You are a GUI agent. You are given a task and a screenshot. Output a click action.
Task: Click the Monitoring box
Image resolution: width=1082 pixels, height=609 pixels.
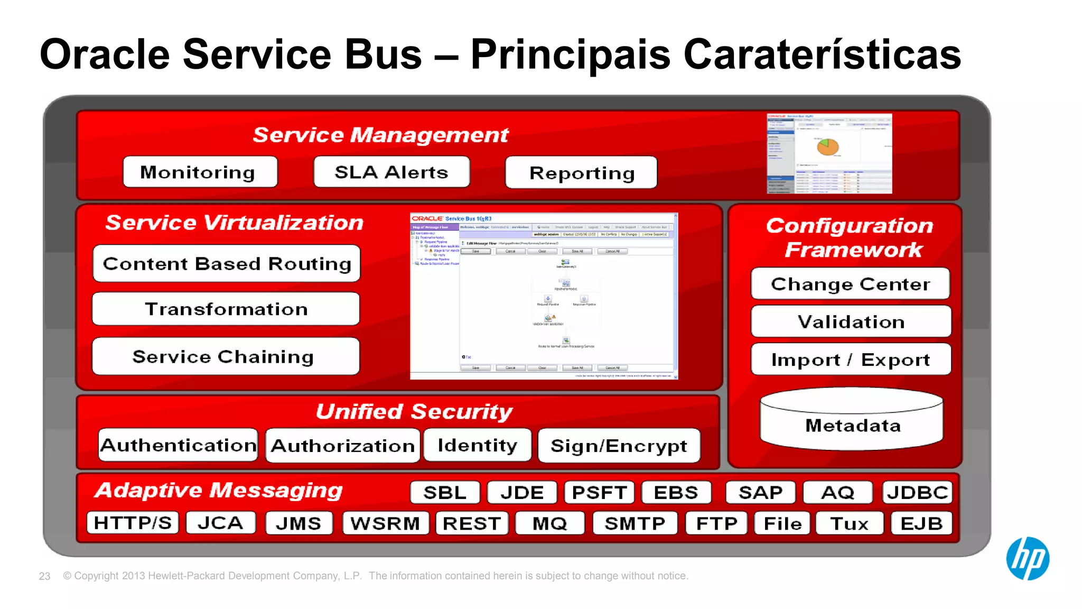[200, 172]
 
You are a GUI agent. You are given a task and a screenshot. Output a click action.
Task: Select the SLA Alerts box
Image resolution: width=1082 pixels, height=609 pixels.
[391, 172]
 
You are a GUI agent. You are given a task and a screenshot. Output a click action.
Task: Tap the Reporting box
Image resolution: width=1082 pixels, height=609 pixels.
[581, 173]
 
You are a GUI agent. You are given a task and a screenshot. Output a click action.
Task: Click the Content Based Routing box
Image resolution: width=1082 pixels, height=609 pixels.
[227, 263]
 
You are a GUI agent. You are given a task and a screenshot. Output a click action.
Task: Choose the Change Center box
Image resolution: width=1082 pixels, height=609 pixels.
[850, 284]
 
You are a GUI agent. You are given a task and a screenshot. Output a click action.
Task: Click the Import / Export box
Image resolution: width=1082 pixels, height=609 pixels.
[851, 359]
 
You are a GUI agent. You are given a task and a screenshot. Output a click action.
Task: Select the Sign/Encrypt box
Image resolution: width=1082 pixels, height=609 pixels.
[619, 446]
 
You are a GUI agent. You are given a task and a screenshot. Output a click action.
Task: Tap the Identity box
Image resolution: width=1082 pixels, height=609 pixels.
[477, 445]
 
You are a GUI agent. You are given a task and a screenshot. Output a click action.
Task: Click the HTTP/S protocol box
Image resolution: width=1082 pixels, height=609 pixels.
[133, 523]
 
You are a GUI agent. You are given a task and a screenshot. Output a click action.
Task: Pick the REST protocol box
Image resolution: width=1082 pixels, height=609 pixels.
[472, 523]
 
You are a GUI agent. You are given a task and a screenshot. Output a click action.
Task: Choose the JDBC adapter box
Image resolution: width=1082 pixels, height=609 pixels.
[917, 492]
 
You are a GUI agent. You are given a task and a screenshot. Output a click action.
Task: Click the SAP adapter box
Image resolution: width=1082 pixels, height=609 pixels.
[760, 492]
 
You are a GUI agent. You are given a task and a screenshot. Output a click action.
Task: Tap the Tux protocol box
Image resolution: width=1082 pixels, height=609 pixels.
[849, 523]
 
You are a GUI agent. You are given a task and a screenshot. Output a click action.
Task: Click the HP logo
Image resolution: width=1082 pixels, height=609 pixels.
[1027, 559]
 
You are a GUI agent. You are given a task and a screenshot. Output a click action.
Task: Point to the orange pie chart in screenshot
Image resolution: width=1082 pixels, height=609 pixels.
[828, 146]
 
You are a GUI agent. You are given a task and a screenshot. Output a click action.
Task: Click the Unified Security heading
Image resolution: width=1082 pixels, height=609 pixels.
[414, 411]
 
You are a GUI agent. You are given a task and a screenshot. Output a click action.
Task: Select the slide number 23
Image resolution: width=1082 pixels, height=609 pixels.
[44, 576]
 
